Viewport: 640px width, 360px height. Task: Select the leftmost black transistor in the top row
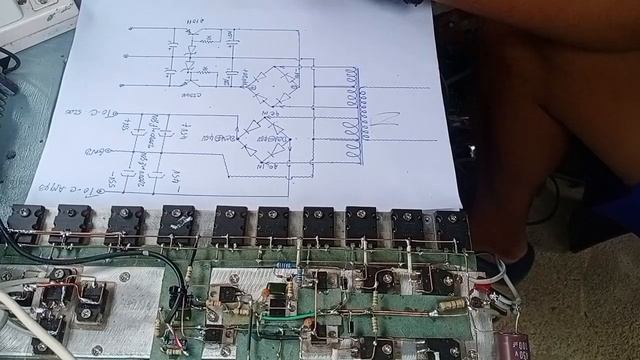[27, 224]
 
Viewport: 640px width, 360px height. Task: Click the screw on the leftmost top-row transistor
[27, 217]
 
